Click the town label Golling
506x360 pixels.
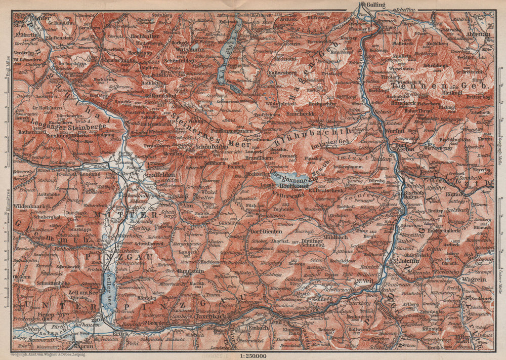click(x=376, y=5)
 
